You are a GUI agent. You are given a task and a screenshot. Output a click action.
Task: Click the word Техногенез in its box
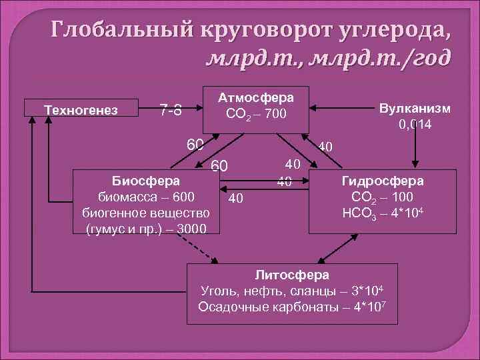point(80,109)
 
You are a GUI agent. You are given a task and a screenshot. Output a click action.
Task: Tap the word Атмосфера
point(256,97)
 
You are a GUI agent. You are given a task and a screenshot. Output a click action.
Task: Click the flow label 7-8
point(171,109)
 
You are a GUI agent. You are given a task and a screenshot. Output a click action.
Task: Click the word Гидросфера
point(382,181)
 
